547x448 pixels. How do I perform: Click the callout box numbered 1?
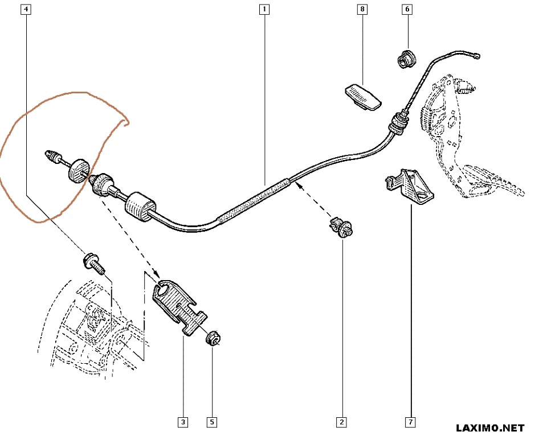264,10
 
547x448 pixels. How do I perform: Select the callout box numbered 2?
341,422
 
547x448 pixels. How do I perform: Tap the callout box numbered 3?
183,422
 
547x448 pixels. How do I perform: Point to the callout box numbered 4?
27,10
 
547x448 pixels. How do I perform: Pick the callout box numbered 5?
211,422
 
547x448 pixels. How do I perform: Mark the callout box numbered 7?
410,422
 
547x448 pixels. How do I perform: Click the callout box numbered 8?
362,10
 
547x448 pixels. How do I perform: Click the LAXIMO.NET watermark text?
490,428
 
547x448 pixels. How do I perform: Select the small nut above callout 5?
213,338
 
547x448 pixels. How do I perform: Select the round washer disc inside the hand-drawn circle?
78,170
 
